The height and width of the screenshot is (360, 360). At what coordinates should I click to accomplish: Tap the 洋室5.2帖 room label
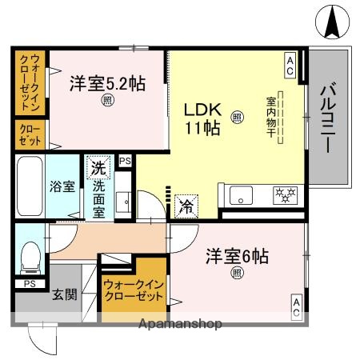pos(106,82)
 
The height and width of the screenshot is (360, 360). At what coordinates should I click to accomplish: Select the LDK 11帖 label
pos(203,118)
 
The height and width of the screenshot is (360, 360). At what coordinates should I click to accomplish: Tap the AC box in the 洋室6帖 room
pos(295,306)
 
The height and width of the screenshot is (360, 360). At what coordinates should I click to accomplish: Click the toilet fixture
pos(29,256)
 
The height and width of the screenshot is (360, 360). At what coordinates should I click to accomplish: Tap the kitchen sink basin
pos(240,195)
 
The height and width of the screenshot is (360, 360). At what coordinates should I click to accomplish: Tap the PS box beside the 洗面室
pos(124,161)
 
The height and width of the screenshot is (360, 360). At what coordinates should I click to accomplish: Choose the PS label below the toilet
pos(29,284)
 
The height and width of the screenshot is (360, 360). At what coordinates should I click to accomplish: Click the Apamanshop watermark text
pos(181,325)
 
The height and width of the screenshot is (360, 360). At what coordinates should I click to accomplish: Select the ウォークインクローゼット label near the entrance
pos(132,290)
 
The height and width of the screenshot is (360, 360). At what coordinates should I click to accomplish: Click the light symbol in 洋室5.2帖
pos(106,101)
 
